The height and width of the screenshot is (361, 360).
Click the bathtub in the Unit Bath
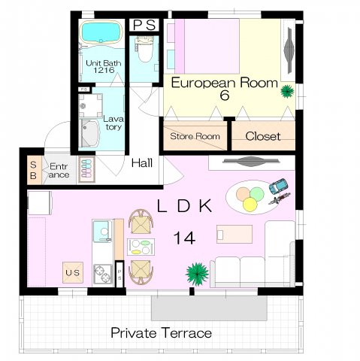click(101, 33)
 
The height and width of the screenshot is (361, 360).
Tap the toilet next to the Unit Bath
click(144, 50)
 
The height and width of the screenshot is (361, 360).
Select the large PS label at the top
click(144, 25)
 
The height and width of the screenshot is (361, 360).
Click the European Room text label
click(225, 83)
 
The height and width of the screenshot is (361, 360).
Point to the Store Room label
click(195, 136)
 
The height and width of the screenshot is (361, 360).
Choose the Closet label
click(263, 136)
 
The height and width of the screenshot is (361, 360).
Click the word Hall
click(142, 163)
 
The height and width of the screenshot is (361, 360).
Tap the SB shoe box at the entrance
click(34, 170)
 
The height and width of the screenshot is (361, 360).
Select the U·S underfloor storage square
click(73, 272)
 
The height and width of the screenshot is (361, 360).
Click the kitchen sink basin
click(102, 231)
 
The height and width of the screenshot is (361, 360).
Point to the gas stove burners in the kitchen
click(103, 275)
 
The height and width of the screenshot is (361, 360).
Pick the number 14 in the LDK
click(184, 238)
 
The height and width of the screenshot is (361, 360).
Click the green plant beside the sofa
click(197, 274)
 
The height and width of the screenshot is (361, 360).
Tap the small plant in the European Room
click(287, 91)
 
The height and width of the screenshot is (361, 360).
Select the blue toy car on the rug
click(278, 187)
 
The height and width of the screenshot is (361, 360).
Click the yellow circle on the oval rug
click(250, 205)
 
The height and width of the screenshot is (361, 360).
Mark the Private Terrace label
click(162, 333)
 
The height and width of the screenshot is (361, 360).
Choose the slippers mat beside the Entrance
click(86, 169)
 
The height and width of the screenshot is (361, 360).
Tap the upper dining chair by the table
click(141, 222)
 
